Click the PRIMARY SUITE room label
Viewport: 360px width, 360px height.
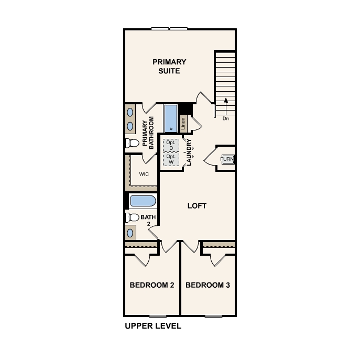click(169, 67)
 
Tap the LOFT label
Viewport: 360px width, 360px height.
click(197, 206)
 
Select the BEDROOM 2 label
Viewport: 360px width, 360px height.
click(152, 286)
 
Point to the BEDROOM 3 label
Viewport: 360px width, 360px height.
click(208, 286)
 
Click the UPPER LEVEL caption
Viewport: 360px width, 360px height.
click(153, 326)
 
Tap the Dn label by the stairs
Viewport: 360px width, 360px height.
click(226, 119)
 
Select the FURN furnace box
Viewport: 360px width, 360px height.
click(227, 159)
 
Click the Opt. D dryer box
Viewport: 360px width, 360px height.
click(170, 145)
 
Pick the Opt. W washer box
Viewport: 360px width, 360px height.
click(170, 159)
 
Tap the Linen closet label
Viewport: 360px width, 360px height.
click(183, 124)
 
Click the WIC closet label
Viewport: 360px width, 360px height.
click(144, 174)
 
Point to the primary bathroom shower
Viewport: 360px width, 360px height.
click(171, 118)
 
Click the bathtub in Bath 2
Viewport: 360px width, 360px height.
click(142, 201)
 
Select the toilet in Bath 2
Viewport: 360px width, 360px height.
click(132, 217)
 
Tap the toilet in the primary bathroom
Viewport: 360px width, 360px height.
click(132, 143)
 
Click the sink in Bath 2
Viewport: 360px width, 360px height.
click(130, 232)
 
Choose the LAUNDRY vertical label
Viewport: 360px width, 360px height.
click(189, 152)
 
